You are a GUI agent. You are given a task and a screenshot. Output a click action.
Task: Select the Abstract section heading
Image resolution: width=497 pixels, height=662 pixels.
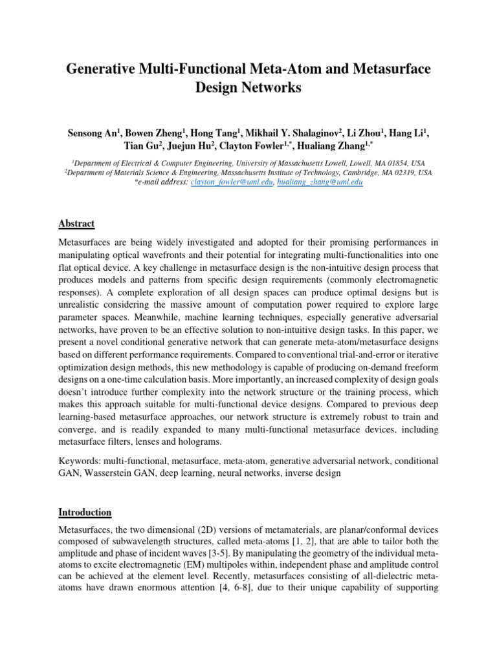coord(76,224)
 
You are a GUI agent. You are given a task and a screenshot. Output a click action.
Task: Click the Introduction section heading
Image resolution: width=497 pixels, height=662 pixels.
coord(85,512)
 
